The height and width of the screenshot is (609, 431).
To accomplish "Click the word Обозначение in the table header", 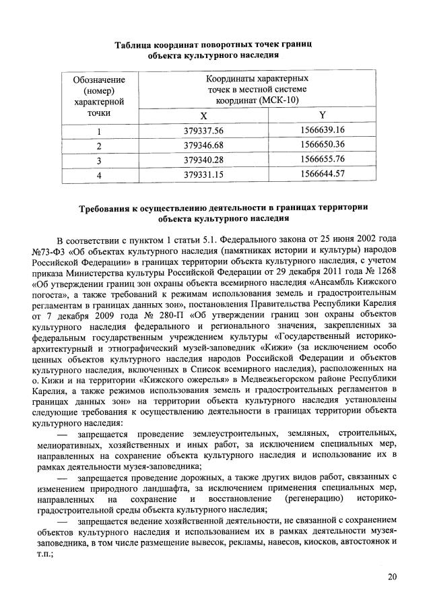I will pyautogui.click(x=99, y=79).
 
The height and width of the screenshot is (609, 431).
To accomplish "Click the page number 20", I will pyautogui.click(x=393, y=577).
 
